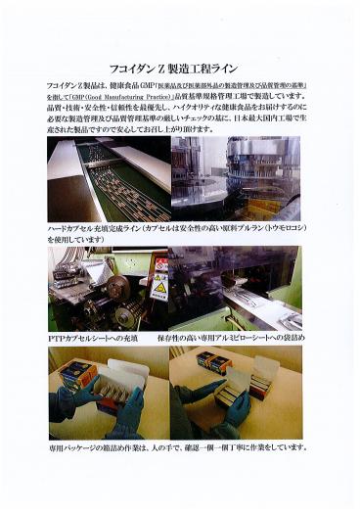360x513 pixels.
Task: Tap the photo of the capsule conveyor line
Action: point(108,179)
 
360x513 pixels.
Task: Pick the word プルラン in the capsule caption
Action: point(249,227)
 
